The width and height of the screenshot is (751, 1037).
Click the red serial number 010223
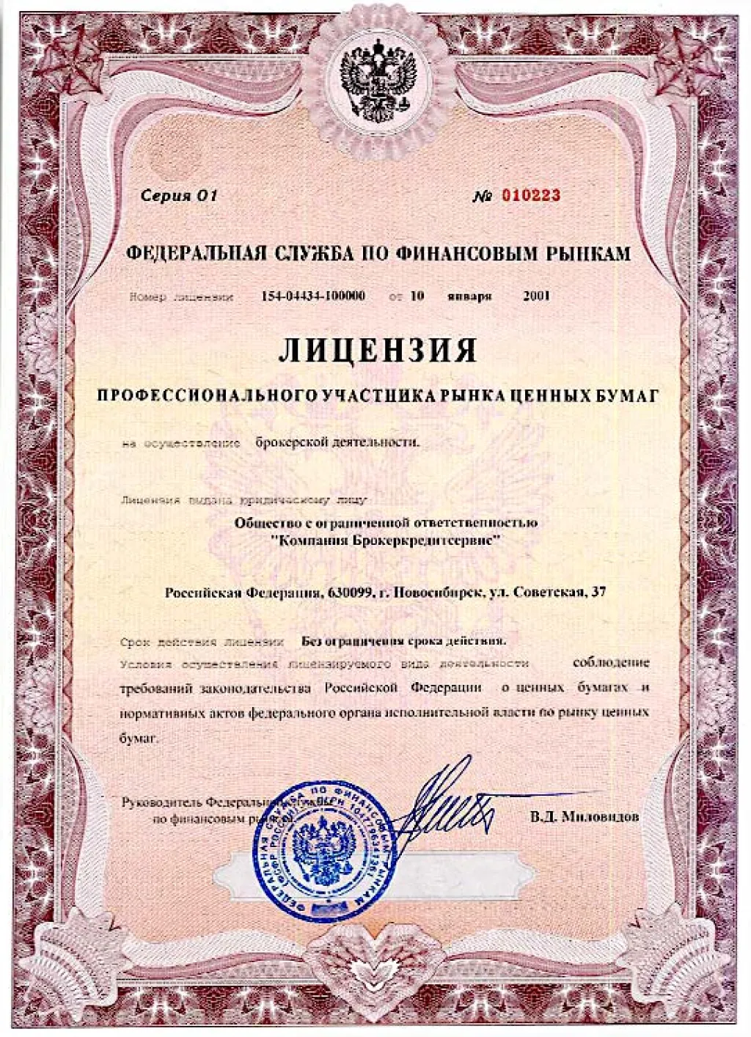coord(531,195)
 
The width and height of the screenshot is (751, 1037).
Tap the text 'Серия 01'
coord(180,196)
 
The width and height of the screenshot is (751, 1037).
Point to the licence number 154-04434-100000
coord(313,296)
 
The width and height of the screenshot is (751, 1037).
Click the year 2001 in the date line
coord(536,296)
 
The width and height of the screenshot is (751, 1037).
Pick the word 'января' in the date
coord(469,296)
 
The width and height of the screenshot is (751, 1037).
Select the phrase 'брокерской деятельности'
coord(337,442)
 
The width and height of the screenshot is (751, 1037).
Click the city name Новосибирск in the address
coord(432,592)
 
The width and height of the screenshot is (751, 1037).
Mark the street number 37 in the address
coord(598,592)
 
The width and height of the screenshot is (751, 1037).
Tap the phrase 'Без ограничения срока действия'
coord(403,640)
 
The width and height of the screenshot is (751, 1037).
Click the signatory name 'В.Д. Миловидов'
coord(585,816)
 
